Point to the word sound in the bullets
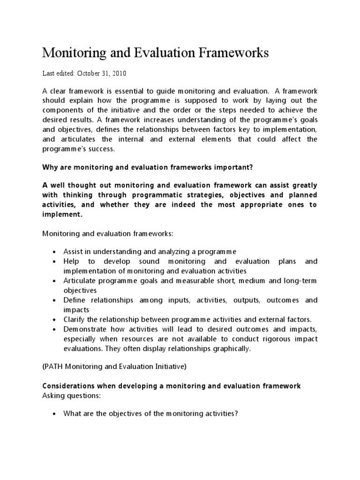point(146,261)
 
